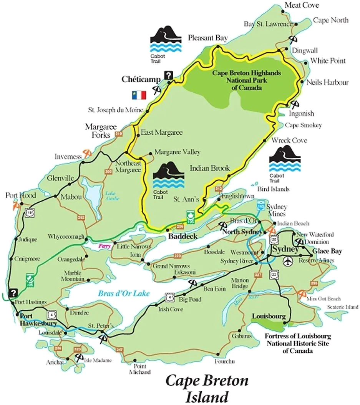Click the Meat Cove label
[302, 5]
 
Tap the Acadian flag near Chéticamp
[139, 95]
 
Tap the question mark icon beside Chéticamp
[168, 75]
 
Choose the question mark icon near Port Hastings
[14, 293]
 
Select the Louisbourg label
[269, 316]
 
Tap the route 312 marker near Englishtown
[219, 189]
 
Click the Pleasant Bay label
[207, 38]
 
